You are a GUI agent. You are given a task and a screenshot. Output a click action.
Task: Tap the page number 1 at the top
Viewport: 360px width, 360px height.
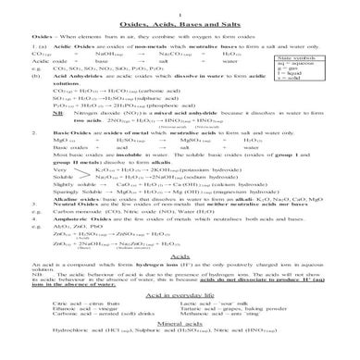click(180, 8)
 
